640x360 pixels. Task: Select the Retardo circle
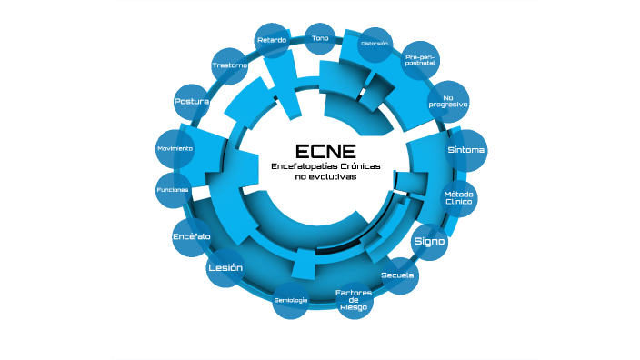pyautogui.click(x=272, y=41)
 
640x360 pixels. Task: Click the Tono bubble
pyautogui.click(x=320, y=38)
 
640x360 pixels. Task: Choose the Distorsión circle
pyautogui.click(x=375, y=44)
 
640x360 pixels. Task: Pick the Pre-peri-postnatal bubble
pyautogui.click(x=422, y=61)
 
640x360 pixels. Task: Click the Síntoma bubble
pyautogui.click(x=465, y=149)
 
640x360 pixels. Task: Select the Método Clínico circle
pyautogui.click(x=458, y=197)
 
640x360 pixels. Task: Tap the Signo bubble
pyautogui.click(x=429, y=242)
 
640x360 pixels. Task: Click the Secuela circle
pyautogui.click(x=398, y=275)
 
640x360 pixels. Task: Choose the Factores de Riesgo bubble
pyautogui.click(x=353, y=300)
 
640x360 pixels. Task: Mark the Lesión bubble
pyautogui.click(x=225, y=268)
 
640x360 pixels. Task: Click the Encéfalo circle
pyautogui.click(x=192, y=236)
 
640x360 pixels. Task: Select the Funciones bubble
pyautogui.click(x=173, y=189)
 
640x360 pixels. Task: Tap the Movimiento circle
pyautogui.click(x=175, y=148)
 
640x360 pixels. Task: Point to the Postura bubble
pyautogui.click(x=192, y=102)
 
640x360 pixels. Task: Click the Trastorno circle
pyautogui.click(x=230, y=65)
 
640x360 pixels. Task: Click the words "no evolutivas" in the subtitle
pyautogui.click(x=325, y=177)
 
